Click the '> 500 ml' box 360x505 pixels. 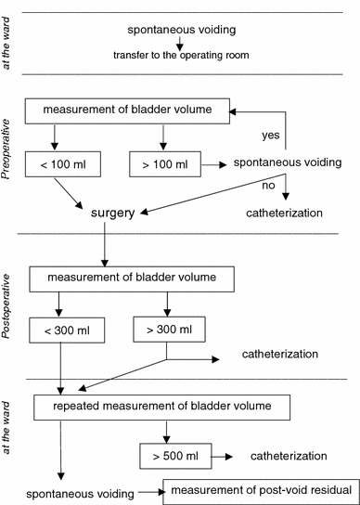174,457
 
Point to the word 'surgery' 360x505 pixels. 114,213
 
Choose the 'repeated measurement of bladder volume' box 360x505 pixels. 161,407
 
